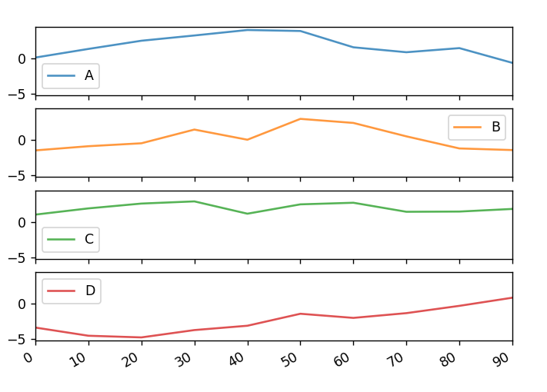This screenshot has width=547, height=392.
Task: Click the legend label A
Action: point(89,75)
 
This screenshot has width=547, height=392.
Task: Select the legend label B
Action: point(496,127)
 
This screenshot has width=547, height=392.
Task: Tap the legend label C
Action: point(89,239)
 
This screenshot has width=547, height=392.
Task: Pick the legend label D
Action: point(90,291)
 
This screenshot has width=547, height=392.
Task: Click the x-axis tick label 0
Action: point(30,357)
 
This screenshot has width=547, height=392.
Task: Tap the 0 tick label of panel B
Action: point(23,140)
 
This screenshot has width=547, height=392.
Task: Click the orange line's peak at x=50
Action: point(300,119)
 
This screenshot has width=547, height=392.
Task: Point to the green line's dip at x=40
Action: point(247,214)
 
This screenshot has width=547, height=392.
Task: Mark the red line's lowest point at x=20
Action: point(141,337)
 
